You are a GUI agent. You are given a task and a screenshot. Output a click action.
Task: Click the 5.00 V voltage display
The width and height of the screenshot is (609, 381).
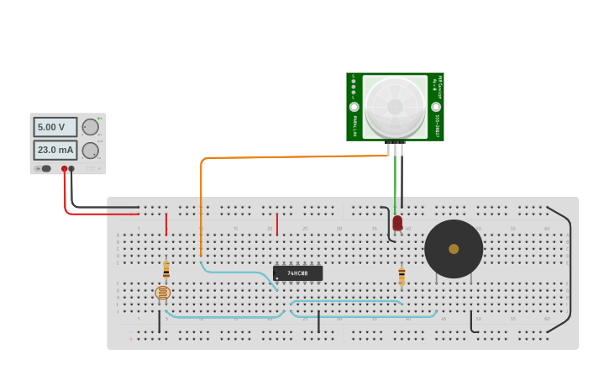[55, 127]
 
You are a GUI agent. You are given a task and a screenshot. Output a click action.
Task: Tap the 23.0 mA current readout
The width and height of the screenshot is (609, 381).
[55, 150]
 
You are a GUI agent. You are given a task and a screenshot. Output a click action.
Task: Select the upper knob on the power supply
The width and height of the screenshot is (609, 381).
[90, 127]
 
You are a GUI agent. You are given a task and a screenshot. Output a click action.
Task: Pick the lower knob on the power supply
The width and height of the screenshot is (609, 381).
[90, 151]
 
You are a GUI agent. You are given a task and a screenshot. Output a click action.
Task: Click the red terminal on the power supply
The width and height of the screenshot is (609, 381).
[64, 169]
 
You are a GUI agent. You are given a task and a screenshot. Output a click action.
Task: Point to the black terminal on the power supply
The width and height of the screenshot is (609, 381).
[71, 169]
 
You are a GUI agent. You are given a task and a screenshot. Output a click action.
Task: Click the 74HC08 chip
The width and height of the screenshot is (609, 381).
[297, 273]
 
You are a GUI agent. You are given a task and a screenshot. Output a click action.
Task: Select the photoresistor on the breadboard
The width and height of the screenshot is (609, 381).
[163, 293]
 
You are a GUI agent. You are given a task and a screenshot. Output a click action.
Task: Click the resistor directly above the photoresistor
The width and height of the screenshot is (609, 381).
[166, 269]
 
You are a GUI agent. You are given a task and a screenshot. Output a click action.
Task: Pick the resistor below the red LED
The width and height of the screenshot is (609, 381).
[402, 276]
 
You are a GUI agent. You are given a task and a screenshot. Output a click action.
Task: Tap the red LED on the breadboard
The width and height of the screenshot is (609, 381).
[397, 223]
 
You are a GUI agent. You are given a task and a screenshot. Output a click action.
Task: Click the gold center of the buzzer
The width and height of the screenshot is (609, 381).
[454, 249]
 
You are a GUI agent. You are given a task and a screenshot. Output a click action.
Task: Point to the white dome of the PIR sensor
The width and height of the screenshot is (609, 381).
[395, 107]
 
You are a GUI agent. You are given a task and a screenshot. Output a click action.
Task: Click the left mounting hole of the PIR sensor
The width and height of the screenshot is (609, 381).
[354, 107]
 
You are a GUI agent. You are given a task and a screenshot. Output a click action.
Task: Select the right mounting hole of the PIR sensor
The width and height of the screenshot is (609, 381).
[436, 107]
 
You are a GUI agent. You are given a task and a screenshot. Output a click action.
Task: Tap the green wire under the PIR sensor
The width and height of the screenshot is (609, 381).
[395, 181]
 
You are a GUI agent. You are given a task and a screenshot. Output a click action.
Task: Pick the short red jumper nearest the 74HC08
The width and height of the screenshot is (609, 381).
[276, 224]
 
